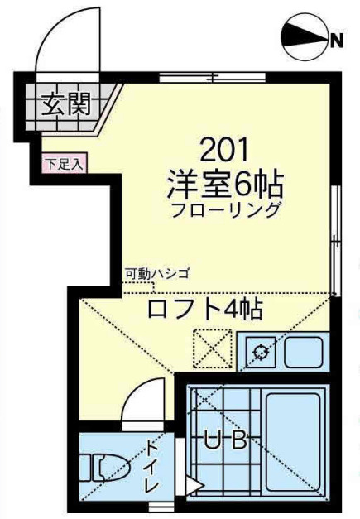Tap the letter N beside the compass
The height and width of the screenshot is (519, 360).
click(x=338, y=40)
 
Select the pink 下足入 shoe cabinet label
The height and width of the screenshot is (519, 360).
click(x=64, y=163)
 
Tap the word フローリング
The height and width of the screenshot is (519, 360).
click(x=226, y=209)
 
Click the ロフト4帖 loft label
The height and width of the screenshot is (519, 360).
click(x=204, y=310)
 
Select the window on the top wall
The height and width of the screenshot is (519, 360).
click(x=212, y=79)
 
